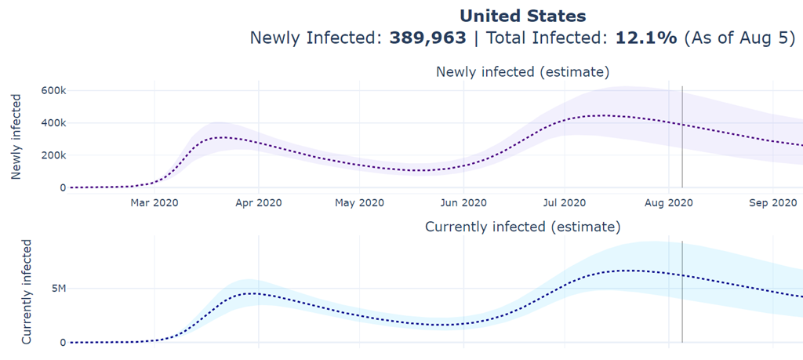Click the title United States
(522, 15)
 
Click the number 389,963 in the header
(428, 38)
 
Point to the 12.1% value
(645, 38)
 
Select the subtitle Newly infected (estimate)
(522, 72)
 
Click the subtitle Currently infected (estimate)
(522, 227)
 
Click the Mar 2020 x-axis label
(154, 203)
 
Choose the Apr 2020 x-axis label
(258, 203)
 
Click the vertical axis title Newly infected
(16, 137)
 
